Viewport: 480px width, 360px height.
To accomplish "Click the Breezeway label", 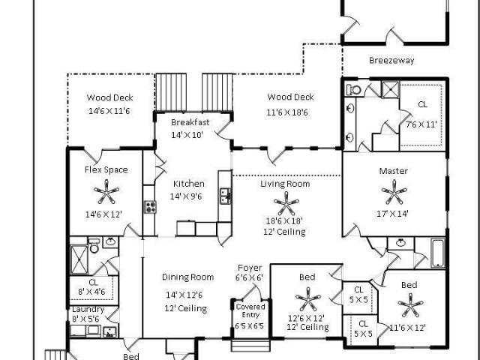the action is coord(391,60).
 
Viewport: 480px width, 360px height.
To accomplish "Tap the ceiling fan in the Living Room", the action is coord(286,203).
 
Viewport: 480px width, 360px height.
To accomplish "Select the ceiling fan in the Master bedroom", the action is coord(394,192).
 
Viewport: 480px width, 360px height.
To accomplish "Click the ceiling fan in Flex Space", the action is coord(106,192).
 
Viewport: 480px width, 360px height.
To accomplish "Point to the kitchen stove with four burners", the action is coord(150,207).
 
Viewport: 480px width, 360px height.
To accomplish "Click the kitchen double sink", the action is coord(226,196).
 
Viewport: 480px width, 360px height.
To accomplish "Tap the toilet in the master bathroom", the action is coord(353,90).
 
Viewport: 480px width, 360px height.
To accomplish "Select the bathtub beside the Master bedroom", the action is coord(438,253).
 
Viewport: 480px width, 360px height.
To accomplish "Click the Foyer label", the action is coord(250,268).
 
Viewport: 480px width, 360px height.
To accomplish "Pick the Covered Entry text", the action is coord(250,310).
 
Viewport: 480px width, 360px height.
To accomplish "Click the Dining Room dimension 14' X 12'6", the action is coord(184,295).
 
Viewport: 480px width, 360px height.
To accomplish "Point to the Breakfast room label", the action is coord(190,122).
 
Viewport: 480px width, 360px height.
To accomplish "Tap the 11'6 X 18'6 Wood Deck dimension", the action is coord(287,112).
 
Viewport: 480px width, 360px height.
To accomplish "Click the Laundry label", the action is coord(88,309).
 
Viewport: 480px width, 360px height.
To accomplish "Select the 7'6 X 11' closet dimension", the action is coord(421,124).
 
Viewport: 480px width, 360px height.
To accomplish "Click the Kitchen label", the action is coord(188,184).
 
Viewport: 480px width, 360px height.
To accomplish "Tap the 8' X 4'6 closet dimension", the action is coord(91,292).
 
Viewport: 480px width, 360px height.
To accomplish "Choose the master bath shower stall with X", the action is coord(390,89).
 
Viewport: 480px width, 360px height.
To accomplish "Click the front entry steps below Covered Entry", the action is coord(250,345).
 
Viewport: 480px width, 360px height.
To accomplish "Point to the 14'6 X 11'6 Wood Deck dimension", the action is coord(109,111).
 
